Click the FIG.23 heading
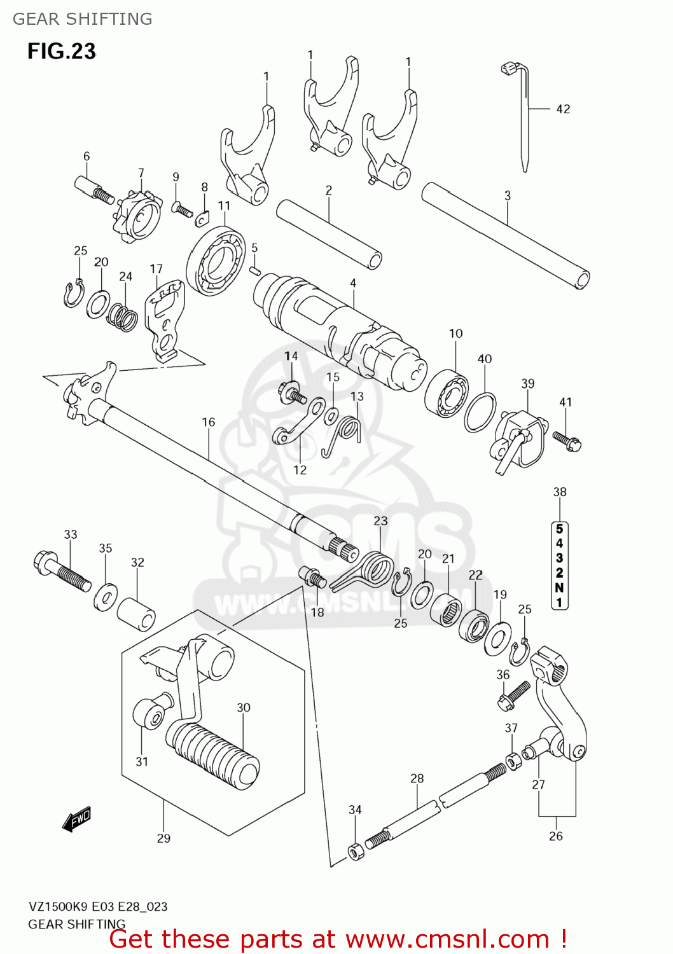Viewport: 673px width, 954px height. [x=61, y=51]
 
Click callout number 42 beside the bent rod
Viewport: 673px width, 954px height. [x=563, y=109]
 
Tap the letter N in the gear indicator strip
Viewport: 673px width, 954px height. [x=559, y=588]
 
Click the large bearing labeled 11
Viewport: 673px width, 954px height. [x=216, y=261]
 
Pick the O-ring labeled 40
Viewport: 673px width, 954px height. [x=480, y=412]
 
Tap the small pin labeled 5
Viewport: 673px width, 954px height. [x=254, y=270]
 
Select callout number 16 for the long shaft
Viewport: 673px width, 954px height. [x=209, y=422]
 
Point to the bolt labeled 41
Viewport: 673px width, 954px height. [x=567, y=441]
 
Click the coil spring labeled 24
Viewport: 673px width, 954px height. [x=123, y=317]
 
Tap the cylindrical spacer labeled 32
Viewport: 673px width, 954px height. [x=136, y=613]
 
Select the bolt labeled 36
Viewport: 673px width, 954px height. [x=513, y=695]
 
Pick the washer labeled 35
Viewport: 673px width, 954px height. [x=106, y=598]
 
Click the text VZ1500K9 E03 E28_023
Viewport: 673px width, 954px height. [x=97, y=906]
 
